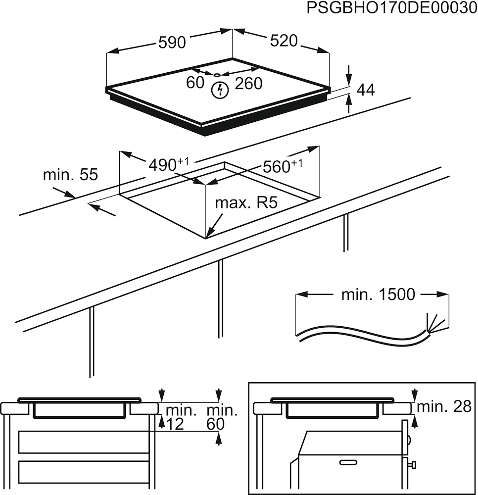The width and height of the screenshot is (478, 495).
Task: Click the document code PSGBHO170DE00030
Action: coord(391,9)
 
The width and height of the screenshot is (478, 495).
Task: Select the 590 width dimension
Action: coord(172,43)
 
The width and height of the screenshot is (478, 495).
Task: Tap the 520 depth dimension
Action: coord(284,41)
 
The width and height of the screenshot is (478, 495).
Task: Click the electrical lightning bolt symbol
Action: coord(219,90)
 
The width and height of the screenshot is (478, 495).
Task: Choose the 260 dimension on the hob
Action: coord(248,84)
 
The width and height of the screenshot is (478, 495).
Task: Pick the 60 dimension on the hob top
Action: coord(195,83)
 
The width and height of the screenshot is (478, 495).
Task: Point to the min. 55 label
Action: coord(70,175)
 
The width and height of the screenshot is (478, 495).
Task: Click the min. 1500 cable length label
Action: coord(378,295)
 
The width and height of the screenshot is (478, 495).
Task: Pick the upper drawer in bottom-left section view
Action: coord(84,442)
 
